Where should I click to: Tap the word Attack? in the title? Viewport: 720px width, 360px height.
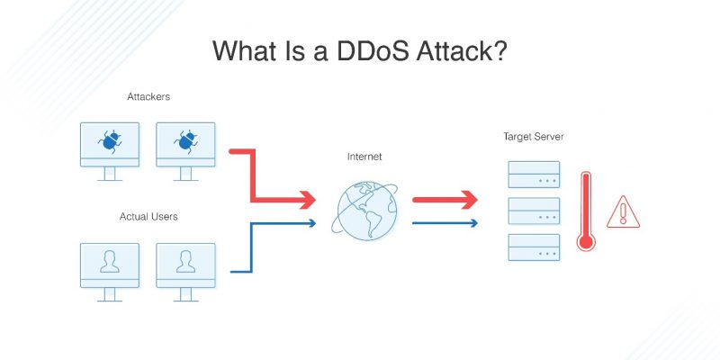(x=468, y=50)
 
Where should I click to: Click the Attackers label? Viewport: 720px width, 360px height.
(x=147, y=96)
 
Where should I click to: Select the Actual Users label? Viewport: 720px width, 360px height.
(x=147, y=217)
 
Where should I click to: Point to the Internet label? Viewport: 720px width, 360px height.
(x=364, y=157)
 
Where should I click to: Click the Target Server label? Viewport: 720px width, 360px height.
(x=533, y=137)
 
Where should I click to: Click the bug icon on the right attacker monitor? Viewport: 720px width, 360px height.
(x=186, y=140)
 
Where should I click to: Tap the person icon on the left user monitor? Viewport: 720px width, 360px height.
(x=110, y=261)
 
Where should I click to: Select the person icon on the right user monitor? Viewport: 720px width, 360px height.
(x=186, y=261)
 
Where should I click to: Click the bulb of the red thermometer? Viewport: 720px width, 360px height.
(x=586, y=240)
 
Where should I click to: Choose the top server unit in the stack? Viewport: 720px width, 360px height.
(x=534, y=174)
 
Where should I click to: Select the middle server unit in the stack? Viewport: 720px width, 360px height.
(x=534, y=210)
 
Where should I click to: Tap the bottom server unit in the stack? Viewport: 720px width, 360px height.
(x=534, y=246)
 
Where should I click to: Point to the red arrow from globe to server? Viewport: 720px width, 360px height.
(x=445, y=200)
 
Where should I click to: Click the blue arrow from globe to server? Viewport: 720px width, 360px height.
(x=445, y=221)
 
